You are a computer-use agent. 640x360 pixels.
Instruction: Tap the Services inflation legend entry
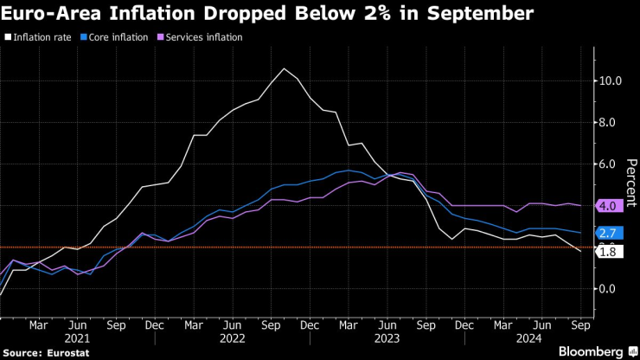click(x=204, y=38)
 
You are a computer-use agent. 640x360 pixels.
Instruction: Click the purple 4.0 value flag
click(x=607, y=206)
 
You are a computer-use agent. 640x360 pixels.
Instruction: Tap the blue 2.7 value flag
click(x=607, y=233)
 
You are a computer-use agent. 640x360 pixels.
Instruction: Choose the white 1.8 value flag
click(x=607, y=252)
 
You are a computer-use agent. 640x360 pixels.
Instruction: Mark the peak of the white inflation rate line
click(x=284, y=68)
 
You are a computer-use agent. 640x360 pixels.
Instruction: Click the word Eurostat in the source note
click(x=55, y=353)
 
